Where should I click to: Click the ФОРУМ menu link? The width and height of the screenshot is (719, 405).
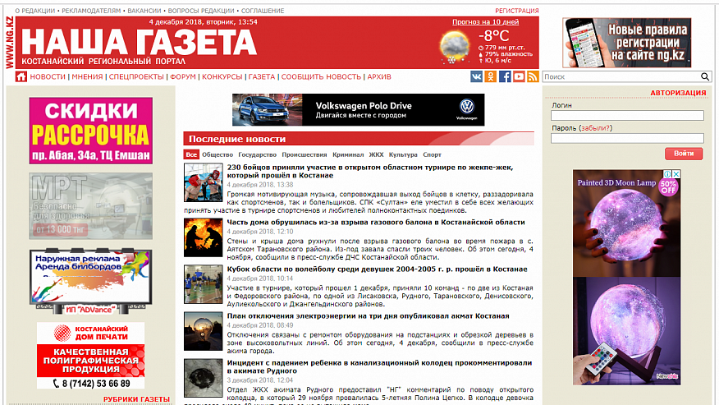[x=184, y=76]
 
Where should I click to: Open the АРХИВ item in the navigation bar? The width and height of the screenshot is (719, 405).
[x=379, y=76]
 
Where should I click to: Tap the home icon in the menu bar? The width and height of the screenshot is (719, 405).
[x=21, y=76]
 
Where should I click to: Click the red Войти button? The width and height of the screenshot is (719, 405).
[x=684, y=154]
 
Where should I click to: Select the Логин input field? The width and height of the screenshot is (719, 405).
[x=627, y=116]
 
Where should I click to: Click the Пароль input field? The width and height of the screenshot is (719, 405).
[x=627, y=138]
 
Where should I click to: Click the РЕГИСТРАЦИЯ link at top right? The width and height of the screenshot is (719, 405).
[x=517, y=11]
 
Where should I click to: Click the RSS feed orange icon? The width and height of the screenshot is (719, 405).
[x=532, y=76]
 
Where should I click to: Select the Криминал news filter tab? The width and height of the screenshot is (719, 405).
[x=348, y=154]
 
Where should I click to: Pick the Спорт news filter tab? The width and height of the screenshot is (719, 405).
[x=432, y=154]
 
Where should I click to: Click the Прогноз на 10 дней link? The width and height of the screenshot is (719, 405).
[x=486, y=22]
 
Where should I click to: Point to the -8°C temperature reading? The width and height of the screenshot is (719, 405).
[x=495, y=35]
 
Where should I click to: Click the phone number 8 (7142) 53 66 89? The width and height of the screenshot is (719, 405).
[x=91, y=383]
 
